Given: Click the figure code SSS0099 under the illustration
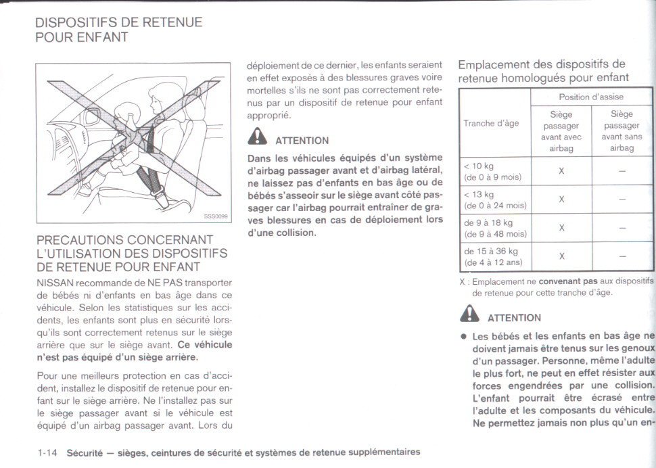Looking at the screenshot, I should [x=216, y=216].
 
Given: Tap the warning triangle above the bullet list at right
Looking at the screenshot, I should [x=468, y=316].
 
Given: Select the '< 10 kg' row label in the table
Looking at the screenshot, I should [x=479, y=166].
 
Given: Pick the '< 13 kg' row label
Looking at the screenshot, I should [x=479, y=195].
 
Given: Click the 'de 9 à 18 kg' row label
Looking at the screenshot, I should [x=488, y=223].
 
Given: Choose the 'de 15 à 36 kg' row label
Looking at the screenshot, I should [x=490, y=251].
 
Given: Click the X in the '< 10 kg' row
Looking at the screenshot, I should [x=561, y=171].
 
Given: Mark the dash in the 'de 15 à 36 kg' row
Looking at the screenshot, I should [x=622, y=256].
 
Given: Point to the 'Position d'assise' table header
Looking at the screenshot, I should [x=591, y=97].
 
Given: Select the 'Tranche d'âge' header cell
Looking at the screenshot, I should [x=491, y=123].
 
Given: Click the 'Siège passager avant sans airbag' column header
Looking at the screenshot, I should [x=622, y=131].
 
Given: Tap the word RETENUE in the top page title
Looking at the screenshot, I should [x=172, y=22].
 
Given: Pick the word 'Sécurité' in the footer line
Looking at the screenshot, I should [x=84, y=452].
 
